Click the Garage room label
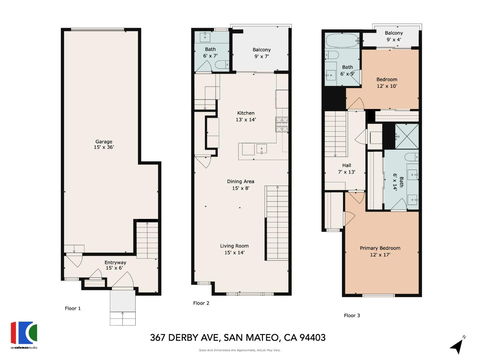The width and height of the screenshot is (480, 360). [104, 144]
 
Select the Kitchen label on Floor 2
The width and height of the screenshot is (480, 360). [246, 116]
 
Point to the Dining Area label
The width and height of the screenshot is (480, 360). [240, 185]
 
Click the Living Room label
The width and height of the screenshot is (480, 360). [234, 249]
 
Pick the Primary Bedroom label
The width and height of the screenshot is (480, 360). [380, 251]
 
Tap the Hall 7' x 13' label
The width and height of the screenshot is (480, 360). [347, 169]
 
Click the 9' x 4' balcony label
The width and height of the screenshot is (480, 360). [394, 36]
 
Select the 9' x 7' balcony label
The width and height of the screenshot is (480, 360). [261, 53]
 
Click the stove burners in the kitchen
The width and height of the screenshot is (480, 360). [282, 125]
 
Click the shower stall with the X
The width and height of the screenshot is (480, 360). [407, 136]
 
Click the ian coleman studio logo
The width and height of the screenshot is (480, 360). [24, 335]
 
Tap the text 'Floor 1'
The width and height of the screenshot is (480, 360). [73, 308]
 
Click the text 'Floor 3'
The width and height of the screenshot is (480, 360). [352, 315]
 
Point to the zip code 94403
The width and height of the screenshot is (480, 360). [313, 338]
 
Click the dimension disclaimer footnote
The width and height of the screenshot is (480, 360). [240, 350]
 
